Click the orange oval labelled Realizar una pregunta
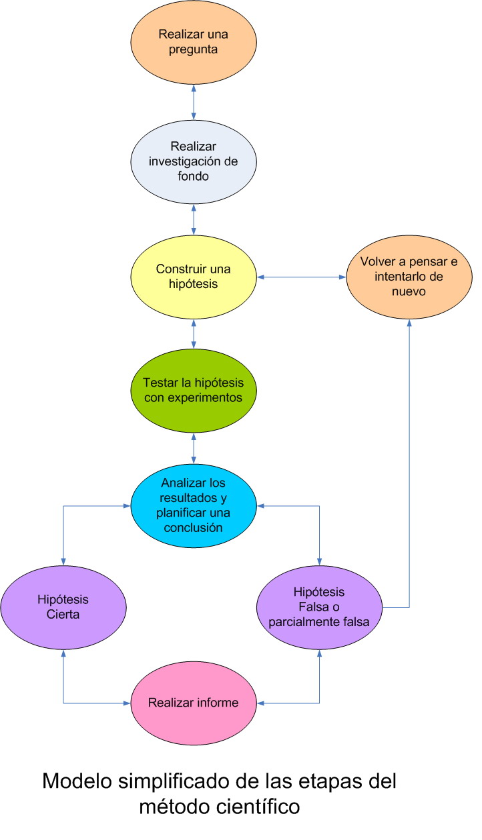click(194, 41)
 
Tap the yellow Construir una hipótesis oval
click(194, 277)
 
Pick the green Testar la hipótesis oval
click(194, 391)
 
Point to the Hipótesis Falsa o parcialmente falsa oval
click(319, 607)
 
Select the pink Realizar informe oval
click(194, 703)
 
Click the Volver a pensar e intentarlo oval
click(409, 276)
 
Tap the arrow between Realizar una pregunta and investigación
click(194, 102)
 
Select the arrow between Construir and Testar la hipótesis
click(194, 334)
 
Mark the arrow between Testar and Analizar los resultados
click(194, 448)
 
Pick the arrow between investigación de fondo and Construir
click(194, 219)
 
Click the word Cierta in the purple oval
click(63, 615)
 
